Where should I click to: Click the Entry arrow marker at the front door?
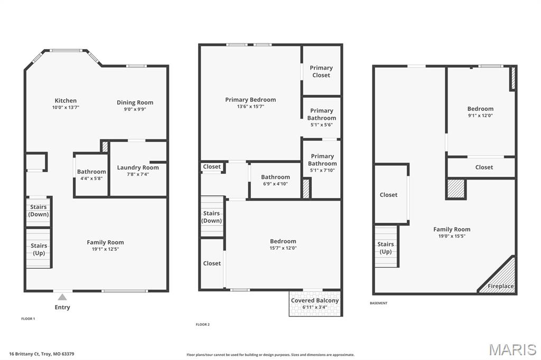62,297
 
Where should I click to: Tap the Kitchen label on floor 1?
66,101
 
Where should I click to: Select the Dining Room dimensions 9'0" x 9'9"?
135,109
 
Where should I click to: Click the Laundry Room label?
137,168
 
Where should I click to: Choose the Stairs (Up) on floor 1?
39,249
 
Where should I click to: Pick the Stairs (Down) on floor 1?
39,211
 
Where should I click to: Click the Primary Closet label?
321,71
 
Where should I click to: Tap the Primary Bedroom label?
250,100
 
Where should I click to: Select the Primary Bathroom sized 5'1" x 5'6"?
322,114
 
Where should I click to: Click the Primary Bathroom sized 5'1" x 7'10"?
322,160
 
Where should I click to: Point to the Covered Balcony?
315,304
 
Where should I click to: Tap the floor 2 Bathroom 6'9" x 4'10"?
275,180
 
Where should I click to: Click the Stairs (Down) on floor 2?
212,217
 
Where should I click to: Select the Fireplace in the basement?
500,286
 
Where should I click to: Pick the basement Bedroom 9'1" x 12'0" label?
480,112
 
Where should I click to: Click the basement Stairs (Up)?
386,248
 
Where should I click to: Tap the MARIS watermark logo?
512,349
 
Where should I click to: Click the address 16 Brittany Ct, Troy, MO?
42,354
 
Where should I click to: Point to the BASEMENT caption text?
378,303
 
